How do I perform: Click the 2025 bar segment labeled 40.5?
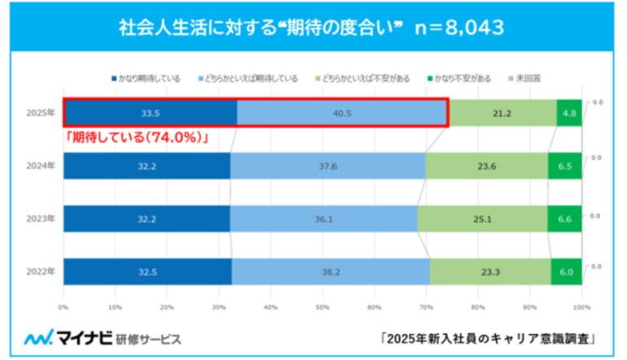point(341,113)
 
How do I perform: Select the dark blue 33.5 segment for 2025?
point(150,113)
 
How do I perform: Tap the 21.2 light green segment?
point(502,113)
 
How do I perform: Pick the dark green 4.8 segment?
point(568,113)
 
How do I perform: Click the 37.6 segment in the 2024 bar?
point(327,165)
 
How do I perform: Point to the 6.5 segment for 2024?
point(564,165)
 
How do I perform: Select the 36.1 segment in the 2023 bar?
point(323,218)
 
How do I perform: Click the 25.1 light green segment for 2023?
point(482,218)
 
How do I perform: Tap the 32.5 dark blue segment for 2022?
point(147,270)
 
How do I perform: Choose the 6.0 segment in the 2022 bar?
point(566,270)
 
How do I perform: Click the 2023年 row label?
point(40,218)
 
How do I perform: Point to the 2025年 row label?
point(40,113)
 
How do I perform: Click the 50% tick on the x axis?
point(322,308)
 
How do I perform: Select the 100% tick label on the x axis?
point(581,308)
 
